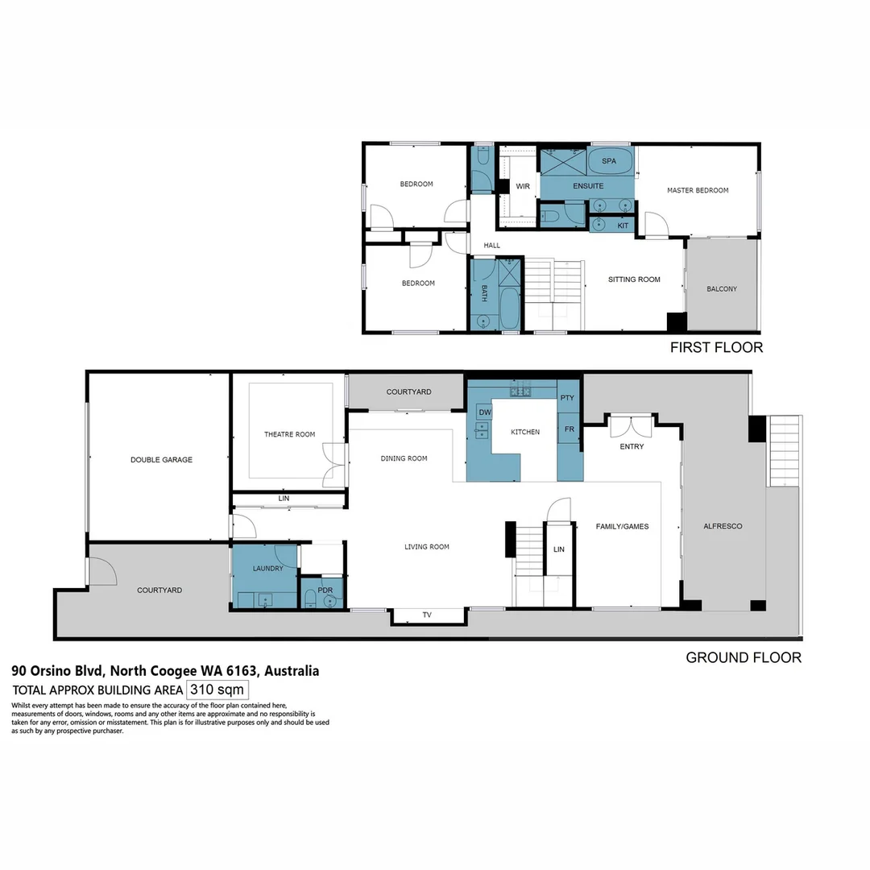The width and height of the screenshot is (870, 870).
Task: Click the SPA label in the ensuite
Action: pyautogui.click(x=608, y=161)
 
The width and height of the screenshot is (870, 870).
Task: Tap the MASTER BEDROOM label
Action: pyautogui.click(x=698, y=190)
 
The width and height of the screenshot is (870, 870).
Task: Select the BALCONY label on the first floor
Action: pyautogui.click(x=721, y=289)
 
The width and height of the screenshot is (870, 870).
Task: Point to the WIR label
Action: pyautogui.click(x=522, y=186)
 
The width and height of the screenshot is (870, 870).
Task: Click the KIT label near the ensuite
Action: pyautogui.click(x=623, y=226)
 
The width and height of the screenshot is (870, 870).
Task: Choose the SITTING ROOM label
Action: pyautogui.click(x=634, y=280)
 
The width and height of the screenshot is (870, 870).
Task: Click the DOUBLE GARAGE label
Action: pyautogui.click(x=161, y=460)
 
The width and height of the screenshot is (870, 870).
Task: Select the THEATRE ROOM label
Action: pyautogui.click(x=289, y=434)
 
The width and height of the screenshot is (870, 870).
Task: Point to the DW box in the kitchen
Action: pyautogui.click(x=485, y=412)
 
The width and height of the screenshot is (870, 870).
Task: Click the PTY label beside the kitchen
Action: pyautogui.click(x=567, y=398)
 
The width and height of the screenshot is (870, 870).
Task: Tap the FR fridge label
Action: pyautogui.click(x=569, y=429)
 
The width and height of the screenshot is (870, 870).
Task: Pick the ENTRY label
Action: pyautogui.click(x=632, y=446)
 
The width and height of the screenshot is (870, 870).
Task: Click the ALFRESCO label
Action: pyautogui.click(x=723, y=526)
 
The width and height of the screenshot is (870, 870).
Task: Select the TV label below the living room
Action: pyautogui.click(x=427, y=615)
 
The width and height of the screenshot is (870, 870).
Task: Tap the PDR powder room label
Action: pyautogui.click(x=325, y=590)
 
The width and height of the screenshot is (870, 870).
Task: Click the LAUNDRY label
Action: pyautogui.click(x=267, y=568)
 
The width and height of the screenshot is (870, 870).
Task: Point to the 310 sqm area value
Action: pyautogui.click(x=217, y=690)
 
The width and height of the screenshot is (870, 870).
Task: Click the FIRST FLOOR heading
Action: pyautogui.click(x=716, y=348)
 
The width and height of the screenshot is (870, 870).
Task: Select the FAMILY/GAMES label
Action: pyautogui.click(x=622, y=526)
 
